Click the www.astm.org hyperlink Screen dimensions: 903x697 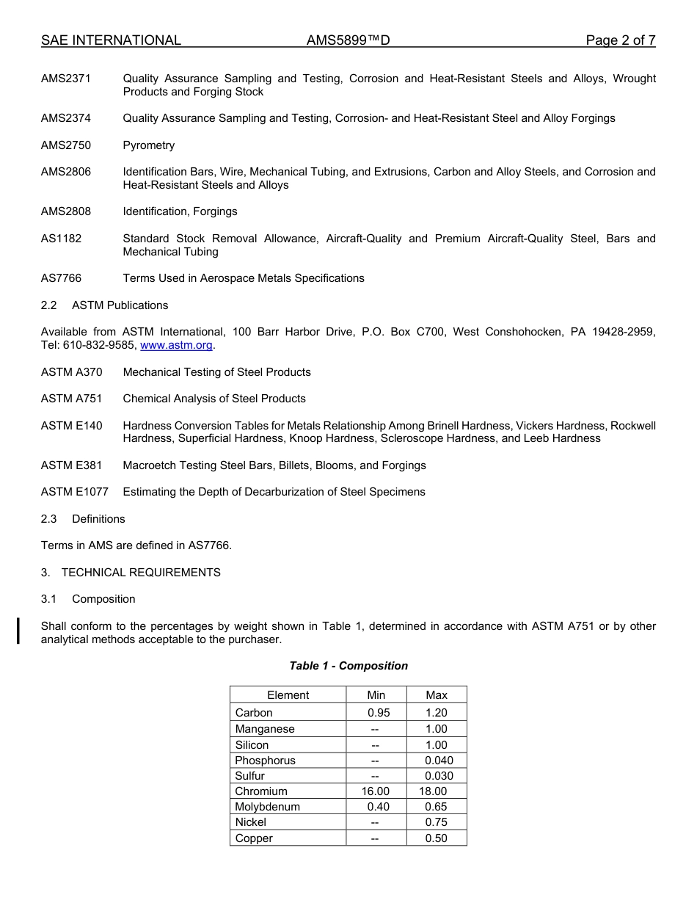coord(176,345)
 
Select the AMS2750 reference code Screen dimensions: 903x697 coord(66,145)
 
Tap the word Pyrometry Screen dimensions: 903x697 coord(149,145)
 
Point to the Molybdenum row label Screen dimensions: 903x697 coord(267,807)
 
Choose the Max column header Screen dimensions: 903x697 coord(437,695)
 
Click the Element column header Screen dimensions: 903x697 coord(288,695)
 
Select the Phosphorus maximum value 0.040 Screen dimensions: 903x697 coord(439,761)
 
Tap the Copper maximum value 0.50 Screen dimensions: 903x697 coord(436,838)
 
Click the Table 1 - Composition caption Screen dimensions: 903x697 coord(348,666)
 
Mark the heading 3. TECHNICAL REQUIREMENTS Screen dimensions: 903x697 coord(131,573)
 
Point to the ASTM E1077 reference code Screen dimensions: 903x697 coord(74,492)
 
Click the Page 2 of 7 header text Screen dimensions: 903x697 coord(620,40)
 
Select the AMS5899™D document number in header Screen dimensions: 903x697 coord(348,40)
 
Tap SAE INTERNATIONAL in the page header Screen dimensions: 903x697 coord(111,40)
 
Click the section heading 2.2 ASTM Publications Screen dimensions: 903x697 coord(104,305)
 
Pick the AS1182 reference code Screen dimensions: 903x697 coord(61,239)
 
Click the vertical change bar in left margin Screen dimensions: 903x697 coord(18,631)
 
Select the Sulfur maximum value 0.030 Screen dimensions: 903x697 coord(439,776)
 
